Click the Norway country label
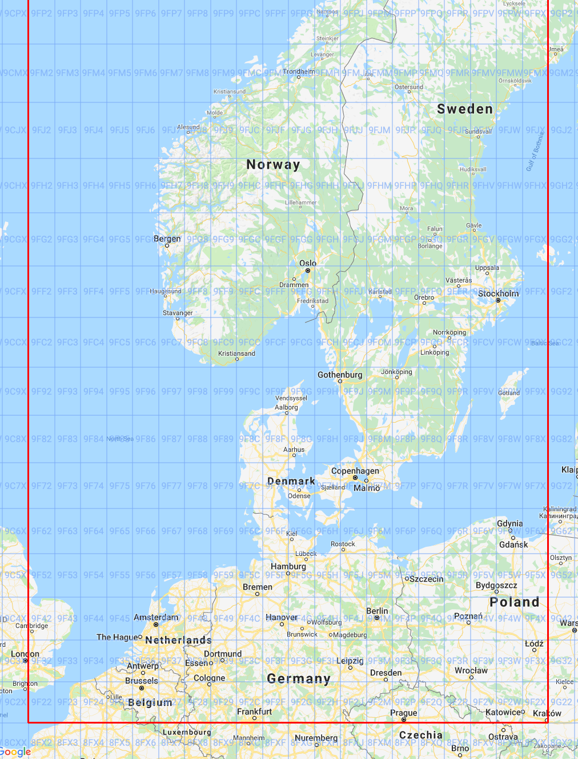[x=273, y=165]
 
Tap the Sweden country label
[x=465, y=109]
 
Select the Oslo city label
[x=308, y=263]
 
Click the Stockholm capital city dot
[x=498, y=300]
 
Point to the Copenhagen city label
[x=355, y=471]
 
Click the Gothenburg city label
[x=340, y=375]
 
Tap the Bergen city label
[x=167, y=239]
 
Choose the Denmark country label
[x=291, y=482]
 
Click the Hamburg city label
[x=288, y=566]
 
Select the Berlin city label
[x=377, y=611]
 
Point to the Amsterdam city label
[x=156, y=617]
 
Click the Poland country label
[x=515, y=602]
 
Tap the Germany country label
[x=299, y=679]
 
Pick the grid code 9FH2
[x=42, y=185]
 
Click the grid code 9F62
[x=42, y=531]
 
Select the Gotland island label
[x=509, y=393]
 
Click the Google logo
[x=15, y=752]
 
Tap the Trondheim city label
[x=299, y=71]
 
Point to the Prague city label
[x=404, y=713]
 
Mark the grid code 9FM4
[x=94, y=73]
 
